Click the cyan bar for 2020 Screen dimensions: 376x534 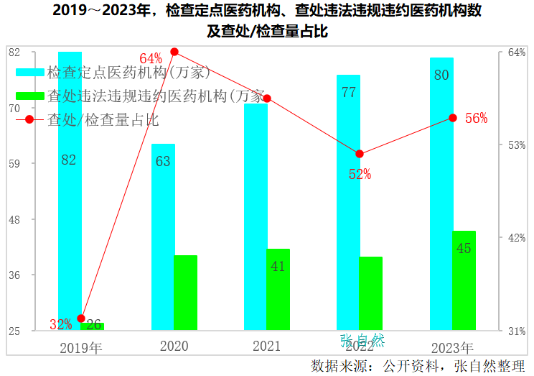163,237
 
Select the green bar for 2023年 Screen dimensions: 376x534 464,280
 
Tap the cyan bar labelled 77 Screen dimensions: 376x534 349,202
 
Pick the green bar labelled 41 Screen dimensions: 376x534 278,289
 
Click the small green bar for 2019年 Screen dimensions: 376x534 93,326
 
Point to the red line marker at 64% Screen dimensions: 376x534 174,52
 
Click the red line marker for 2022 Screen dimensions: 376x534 360,154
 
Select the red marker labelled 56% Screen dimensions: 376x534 452,117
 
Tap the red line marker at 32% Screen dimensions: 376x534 81,318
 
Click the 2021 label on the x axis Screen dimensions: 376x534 266,346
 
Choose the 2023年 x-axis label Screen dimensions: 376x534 452,347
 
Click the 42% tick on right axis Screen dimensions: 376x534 517,238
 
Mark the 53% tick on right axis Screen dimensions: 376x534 517,145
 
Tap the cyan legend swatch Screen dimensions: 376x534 30,73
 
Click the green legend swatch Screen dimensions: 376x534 30,96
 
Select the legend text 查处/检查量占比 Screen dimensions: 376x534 103,119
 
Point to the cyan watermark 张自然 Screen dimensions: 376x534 362,340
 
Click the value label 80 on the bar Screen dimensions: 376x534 442,75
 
